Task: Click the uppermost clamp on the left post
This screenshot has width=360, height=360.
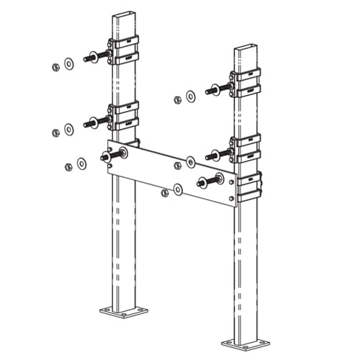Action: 123,53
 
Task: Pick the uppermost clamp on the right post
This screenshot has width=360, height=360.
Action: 246,83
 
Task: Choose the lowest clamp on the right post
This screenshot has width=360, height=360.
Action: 249,186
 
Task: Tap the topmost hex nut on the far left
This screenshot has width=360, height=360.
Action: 55,68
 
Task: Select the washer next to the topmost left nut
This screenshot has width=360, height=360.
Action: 68,63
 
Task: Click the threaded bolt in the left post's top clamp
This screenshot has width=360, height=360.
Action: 96,57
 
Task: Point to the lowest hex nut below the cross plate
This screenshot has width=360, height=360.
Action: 165,193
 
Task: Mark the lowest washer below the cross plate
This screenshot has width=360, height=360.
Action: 178,189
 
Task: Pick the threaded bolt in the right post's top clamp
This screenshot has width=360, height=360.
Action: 218,89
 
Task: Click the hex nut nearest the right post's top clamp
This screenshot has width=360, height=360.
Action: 178,100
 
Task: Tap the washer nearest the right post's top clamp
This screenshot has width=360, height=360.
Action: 191,96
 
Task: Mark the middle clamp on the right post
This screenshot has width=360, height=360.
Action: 246,148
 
